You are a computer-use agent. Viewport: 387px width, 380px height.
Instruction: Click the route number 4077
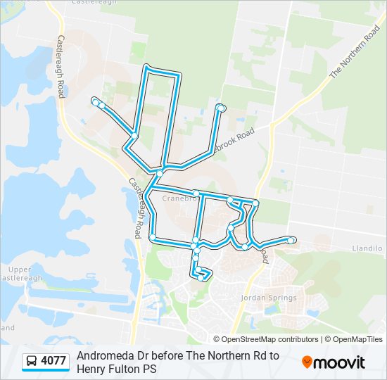click(53, 361)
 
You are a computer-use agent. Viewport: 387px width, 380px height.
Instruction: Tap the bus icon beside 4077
click(32, 362)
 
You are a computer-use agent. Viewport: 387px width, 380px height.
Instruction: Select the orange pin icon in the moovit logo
click(307, 362)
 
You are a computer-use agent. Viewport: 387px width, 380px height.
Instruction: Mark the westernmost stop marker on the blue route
click(94, 102)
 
